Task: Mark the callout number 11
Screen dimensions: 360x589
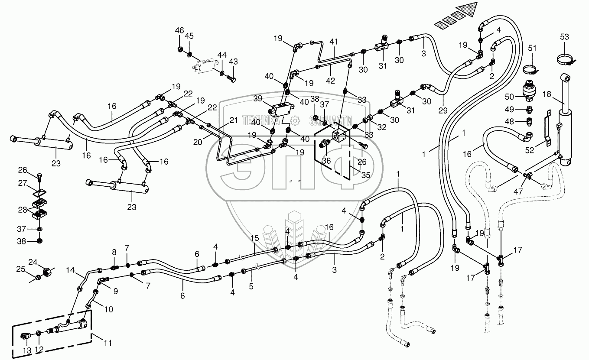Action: pos(107,343)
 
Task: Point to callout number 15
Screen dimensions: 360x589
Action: pos(254,238)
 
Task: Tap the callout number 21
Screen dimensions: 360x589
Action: pos(234,120)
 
